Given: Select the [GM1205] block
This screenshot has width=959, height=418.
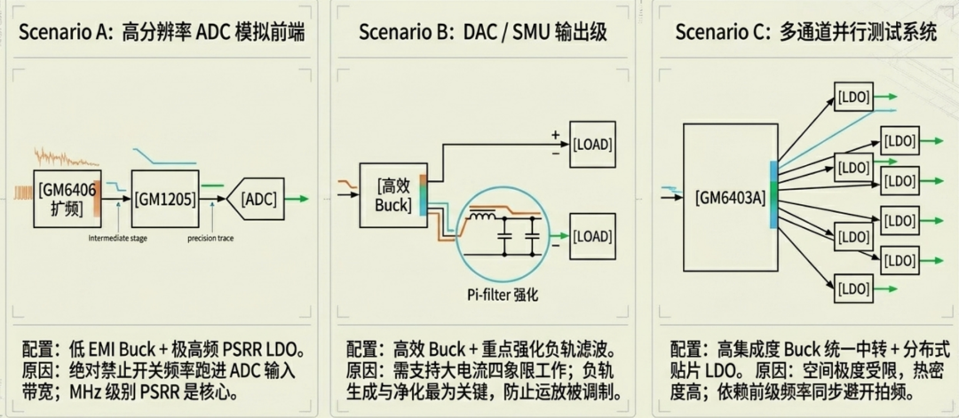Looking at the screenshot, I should pos(166,200).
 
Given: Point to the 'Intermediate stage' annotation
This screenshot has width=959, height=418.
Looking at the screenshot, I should pos(122,238).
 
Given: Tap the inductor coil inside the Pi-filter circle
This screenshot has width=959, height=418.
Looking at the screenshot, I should pos(483,216).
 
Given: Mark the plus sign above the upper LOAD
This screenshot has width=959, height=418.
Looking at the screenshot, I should pos(556,135).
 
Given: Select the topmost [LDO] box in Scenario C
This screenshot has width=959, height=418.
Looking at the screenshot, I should pos(853,95).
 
